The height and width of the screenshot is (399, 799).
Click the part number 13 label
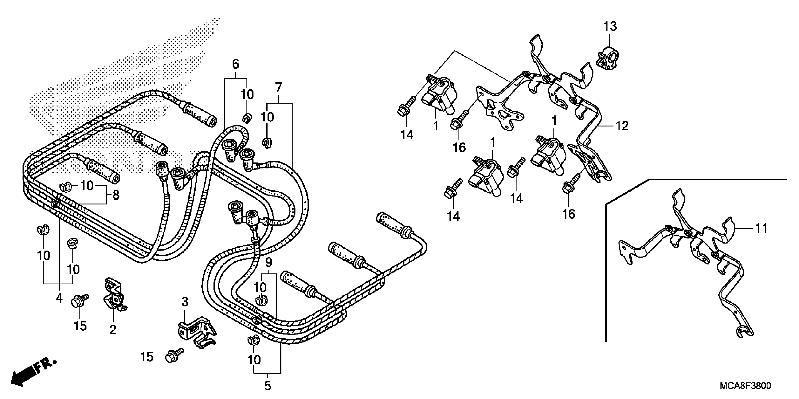(x=610, y=26)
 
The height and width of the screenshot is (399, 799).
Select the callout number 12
(x=622, y=126)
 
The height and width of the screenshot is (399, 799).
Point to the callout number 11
(x=760, y=228)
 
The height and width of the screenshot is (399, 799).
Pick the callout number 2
(x=113, y=330)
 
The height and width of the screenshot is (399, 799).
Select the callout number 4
(x=59, y=298)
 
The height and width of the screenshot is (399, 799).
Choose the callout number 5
(x=268, y=386)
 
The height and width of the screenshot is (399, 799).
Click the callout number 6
(x=235, y=64)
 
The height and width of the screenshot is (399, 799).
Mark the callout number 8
(x=116, y=195)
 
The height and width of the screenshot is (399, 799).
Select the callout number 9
(x=269, y=263)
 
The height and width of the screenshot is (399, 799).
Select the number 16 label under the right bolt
(x=568, y=214)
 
